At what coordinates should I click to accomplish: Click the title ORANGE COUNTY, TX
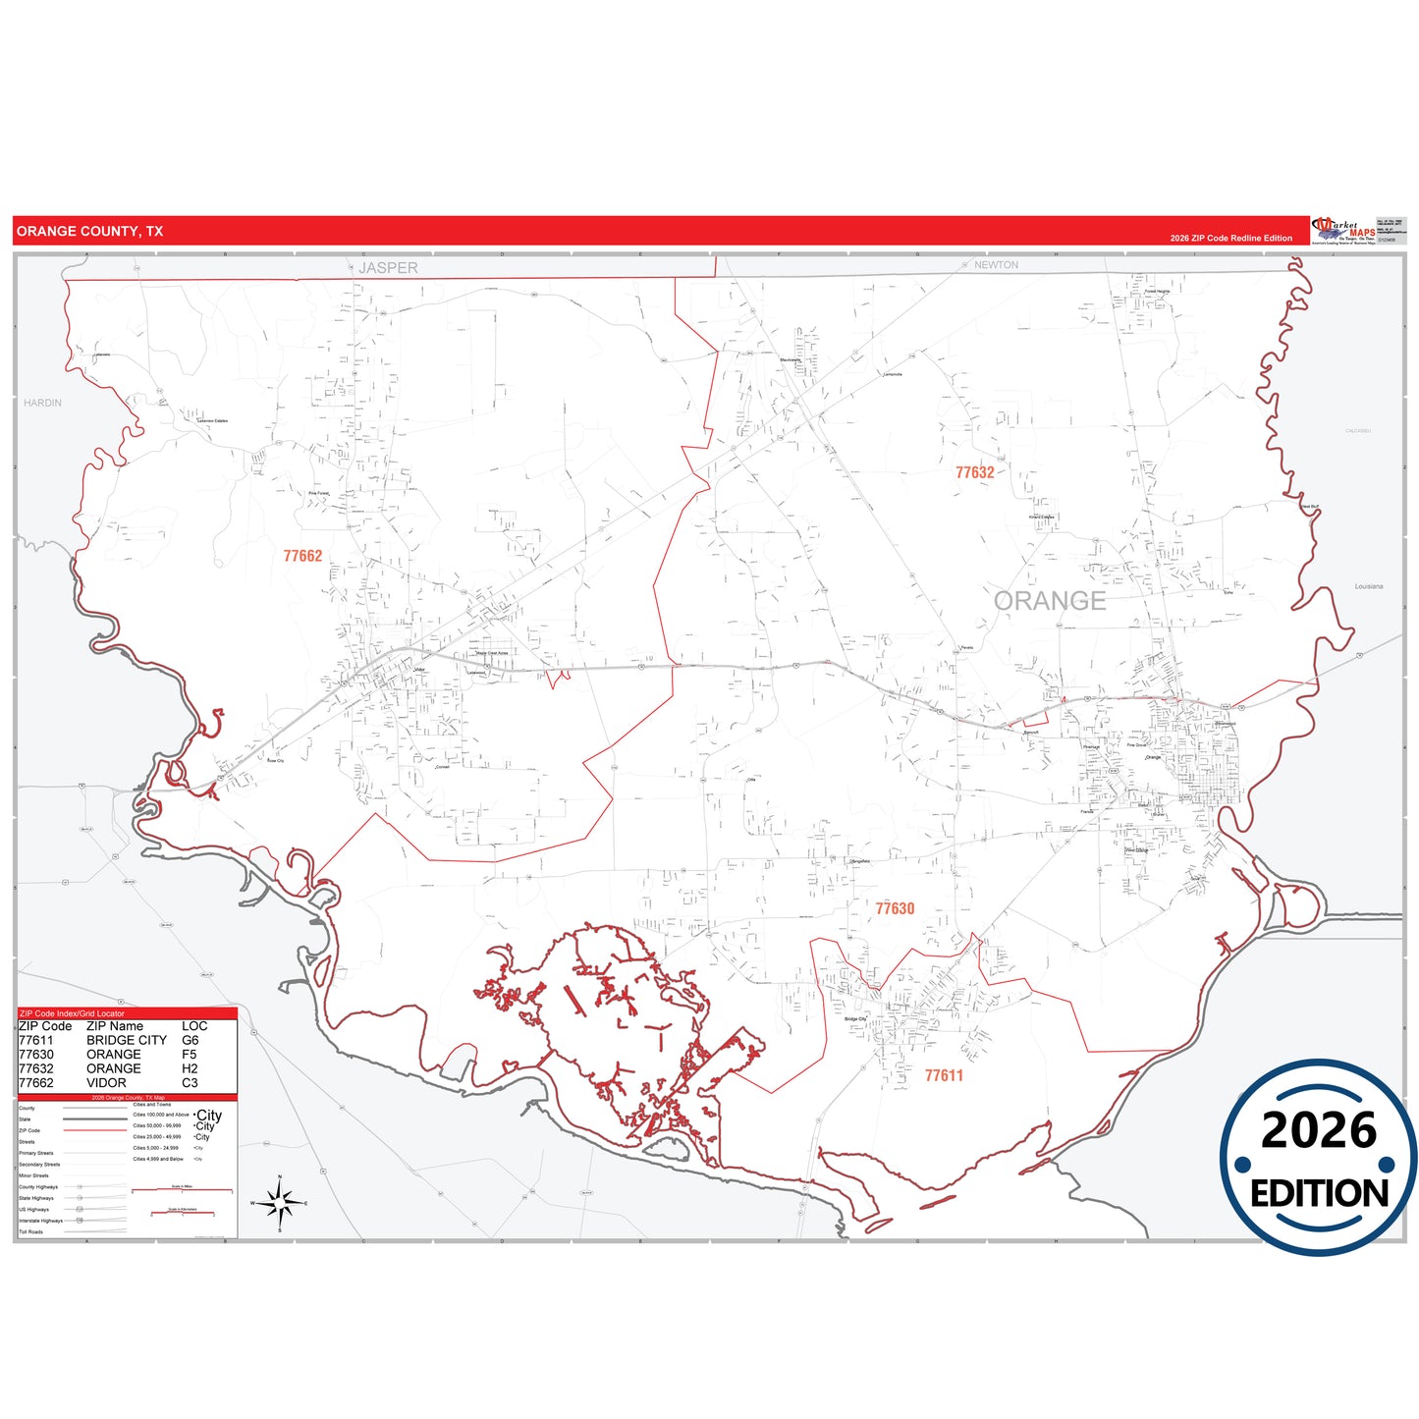[89, 232]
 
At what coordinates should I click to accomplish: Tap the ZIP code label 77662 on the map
[302, 556]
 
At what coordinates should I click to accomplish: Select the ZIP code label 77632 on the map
[974, 472]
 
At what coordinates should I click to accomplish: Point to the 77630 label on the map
[895, 908]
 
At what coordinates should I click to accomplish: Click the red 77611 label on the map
[944, 1075]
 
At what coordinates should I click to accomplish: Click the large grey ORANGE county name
[1049, 601]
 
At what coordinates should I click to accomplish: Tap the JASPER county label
[388, 268]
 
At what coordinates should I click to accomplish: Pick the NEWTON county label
[996, 265]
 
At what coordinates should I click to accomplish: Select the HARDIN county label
[42, 403]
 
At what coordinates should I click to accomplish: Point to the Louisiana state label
[1368, 586]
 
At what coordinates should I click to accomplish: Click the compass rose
[280, 1202]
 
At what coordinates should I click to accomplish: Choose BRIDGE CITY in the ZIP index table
[127, 1040]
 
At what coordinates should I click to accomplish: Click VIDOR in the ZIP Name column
[106, 1082]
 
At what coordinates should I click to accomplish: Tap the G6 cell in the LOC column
[190, 1040]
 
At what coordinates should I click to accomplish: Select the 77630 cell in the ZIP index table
[36, 1054]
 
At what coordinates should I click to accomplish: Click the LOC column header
[194, 1026]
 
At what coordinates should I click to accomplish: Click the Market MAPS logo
[1342, 231]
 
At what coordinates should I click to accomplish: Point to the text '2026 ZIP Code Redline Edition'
[1230, 239]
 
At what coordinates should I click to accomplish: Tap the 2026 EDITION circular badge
[1318, 1158]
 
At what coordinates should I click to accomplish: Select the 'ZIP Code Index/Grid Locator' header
[72, 1013]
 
